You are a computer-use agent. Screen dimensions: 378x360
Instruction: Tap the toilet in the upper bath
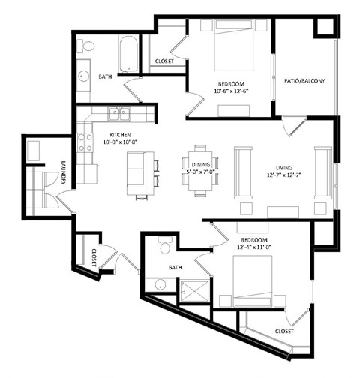(86, 49)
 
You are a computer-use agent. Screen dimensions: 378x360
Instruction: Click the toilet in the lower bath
(166, 245)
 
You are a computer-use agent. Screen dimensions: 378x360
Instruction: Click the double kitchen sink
(118, 114)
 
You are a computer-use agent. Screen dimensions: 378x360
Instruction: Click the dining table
(200, 171)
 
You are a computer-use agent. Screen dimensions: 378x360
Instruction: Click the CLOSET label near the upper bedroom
(165, 61)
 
